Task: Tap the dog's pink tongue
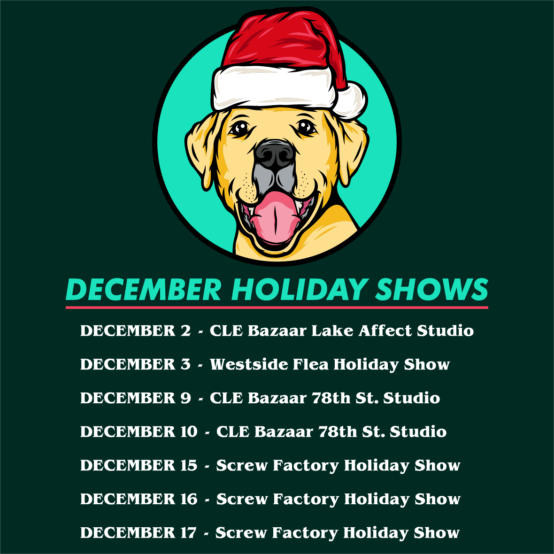pos(275,217)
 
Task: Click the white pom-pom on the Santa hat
pos(350,100)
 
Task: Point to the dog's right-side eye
pos(306,127)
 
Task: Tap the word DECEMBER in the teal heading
pos(144,289)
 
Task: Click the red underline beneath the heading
pos(277,308)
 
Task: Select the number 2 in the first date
pos(185,331)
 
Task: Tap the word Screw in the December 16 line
pos(242,499)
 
